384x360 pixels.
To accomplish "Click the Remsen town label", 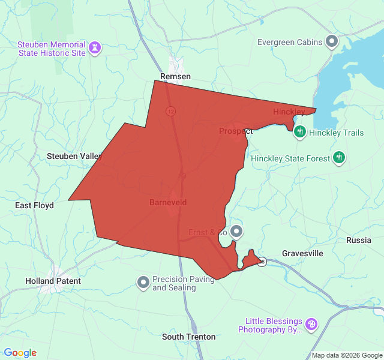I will click(x=175, y=76).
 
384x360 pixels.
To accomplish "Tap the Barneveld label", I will click(x=168, y=202).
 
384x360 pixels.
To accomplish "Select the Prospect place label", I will click(x=235, y=131).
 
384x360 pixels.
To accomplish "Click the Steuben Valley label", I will click(x=74, y=156).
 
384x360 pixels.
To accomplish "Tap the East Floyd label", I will click(x=34, y=205).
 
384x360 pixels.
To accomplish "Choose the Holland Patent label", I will click(x=53, y=281).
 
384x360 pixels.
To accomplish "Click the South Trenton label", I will click(x=188, y=337).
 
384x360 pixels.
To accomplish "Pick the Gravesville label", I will click(x=302, y=253).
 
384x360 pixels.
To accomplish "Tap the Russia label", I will click(x=359, y=240).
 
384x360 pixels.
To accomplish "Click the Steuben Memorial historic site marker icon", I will click(x=95, y=47).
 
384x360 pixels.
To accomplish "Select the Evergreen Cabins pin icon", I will click(x=332, y=41).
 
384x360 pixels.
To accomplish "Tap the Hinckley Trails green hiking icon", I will click(x=300, y=132).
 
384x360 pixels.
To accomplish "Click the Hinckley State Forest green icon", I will click(x=340, y=158).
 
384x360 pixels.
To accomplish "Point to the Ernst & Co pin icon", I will click(x=237, y=231).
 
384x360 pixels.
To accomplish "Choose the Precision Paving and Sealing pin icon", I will click(x=143, y=281).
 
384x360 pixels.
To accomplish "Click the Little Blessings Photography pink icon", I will click(x=311, y=324).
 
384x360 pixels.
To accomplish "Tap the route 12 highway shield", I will click(x=171, y=111).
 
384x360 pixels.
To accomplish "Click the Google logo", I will click(x=20, y=353).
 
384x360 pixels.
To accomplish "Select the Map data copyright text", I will click(x=346, y=355).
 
